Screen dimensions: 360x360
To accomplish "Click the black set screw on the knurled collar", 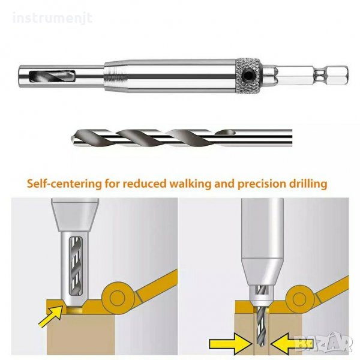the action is pos(247,75).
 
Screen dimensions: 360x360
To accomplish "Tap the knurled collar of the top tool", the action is pos(248,76).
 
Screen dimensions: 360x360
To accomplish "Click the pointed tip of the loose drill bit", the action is pos(71,138).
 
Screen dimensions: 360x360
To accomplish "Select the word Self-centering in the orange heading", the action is pos(64,184).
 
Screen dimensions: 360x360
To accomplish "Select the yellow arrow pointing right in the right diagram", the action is pos(230,344).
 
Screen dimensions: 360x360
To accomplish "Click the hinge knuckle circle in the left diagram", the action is pos(118,298).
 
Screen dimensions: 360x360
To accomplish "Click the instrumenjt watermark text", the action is pos(52,18).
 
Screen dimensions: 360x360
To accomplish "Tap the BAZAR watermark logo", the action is pos(323,343).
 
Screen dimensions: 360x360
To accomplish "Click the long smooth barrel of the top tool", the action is pos(170,76).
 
